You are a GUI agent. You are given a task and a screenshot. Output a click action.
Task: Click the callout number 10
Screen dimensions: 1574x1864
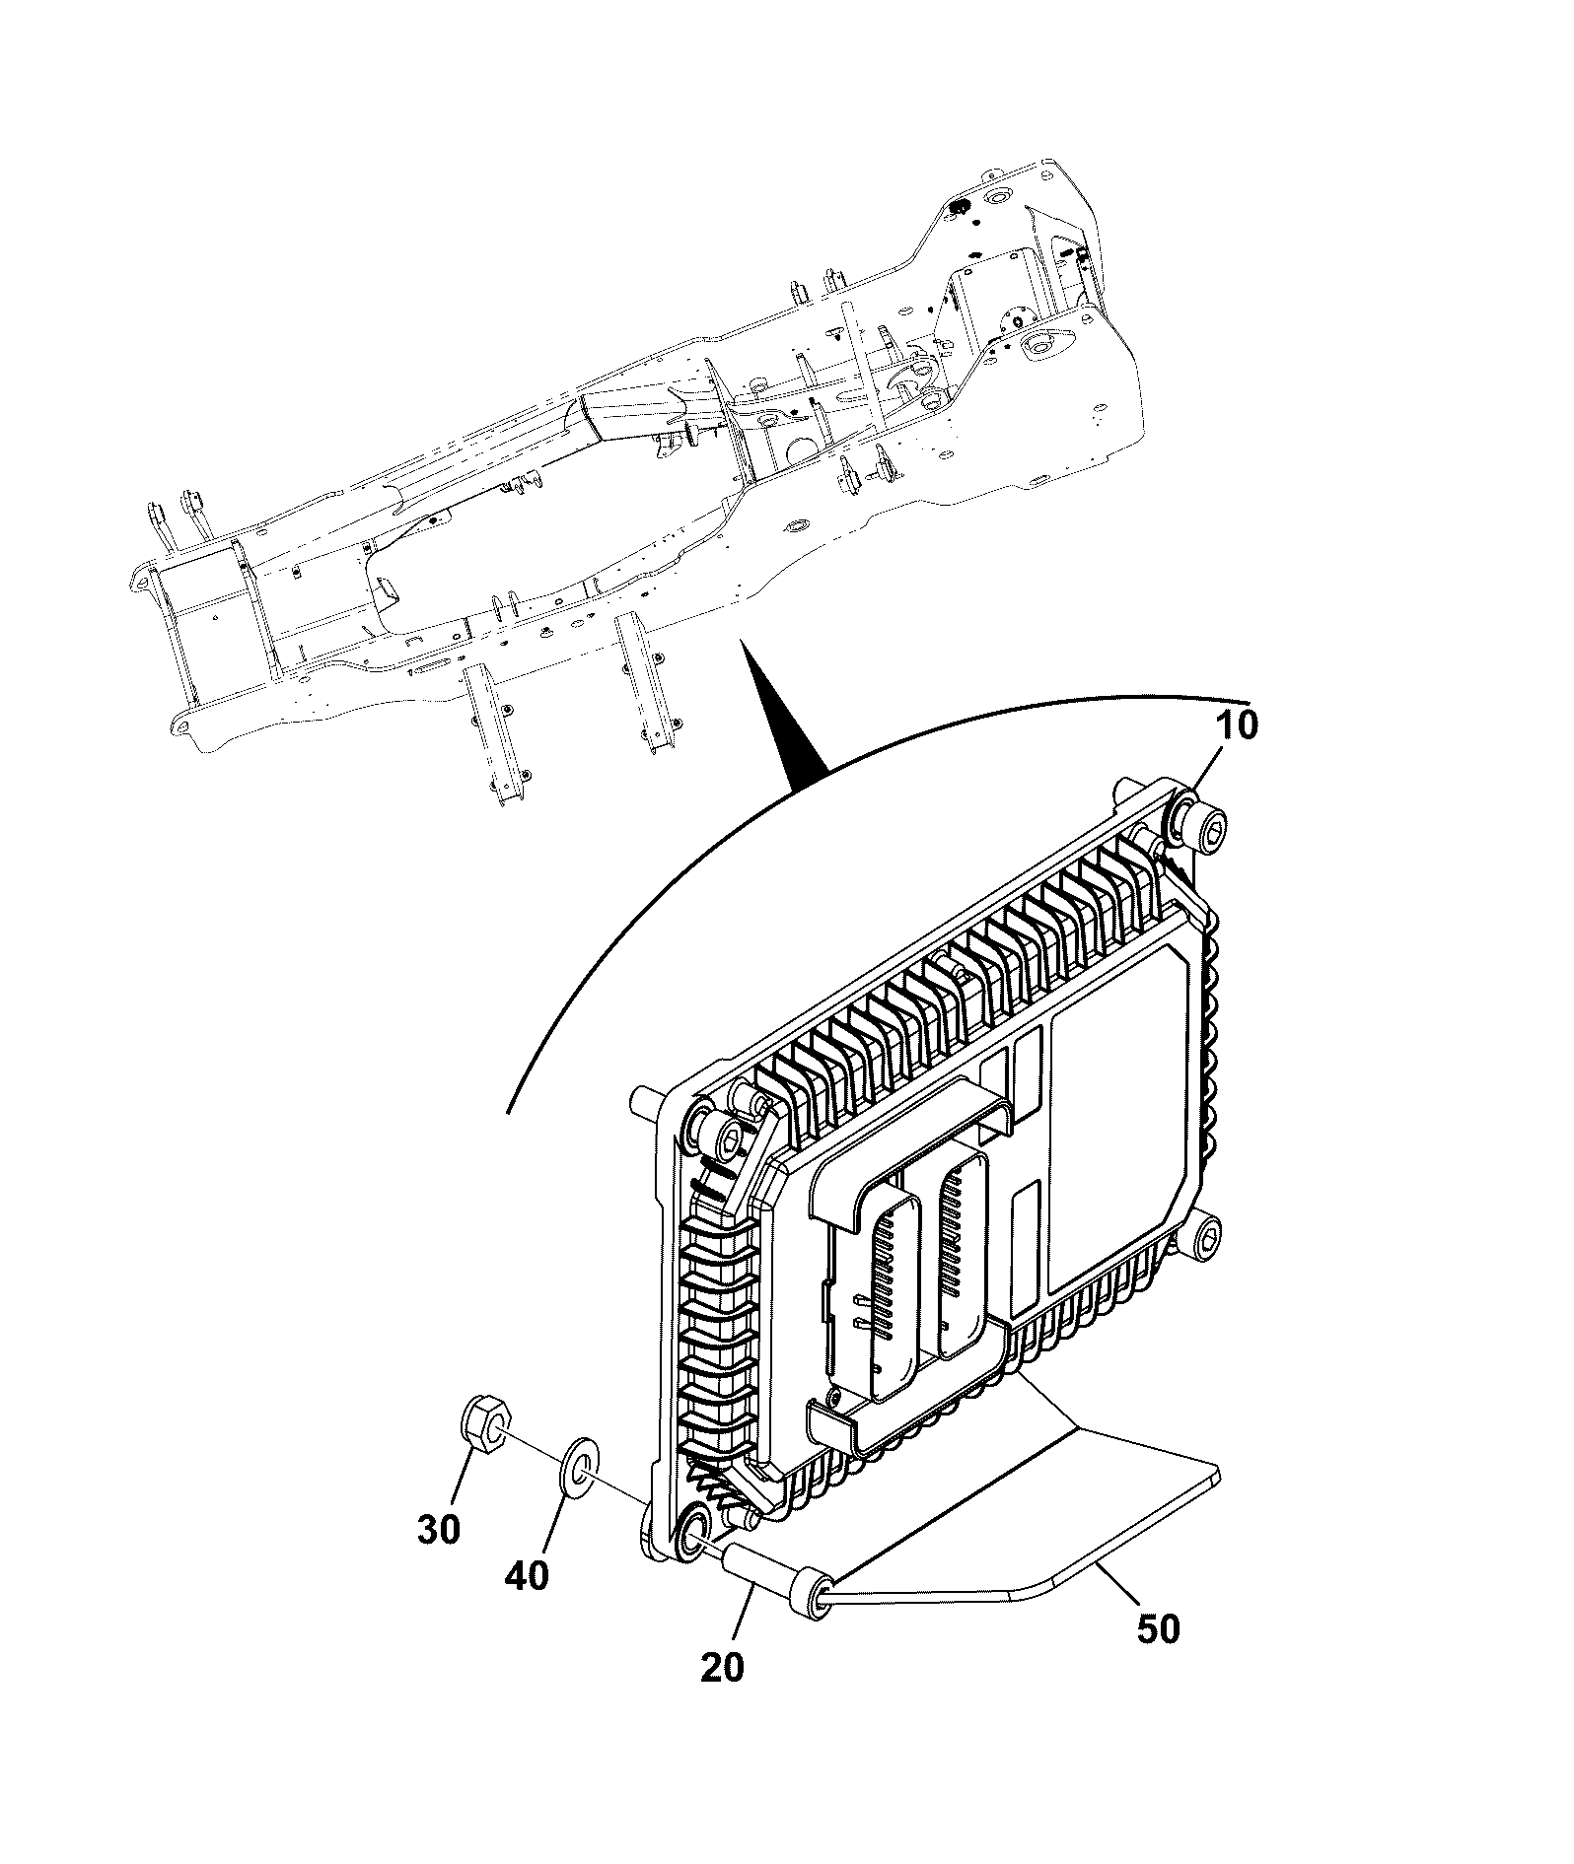(1237, 725)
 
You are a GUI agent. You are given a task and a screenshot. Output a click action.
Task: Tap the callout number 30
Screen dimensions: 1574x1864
(439, 1530)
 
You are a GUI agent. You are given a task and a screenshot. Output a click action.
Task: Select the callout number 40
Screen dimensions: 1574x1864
(526, 1576)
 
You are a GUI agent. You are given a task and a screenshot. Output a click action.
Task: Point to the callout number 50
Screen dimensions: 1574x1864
(1158, 1628)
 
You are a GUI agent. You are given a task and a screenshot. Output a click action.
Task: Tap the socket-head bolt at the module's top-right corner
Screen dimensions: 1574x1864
(1200, 819)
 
